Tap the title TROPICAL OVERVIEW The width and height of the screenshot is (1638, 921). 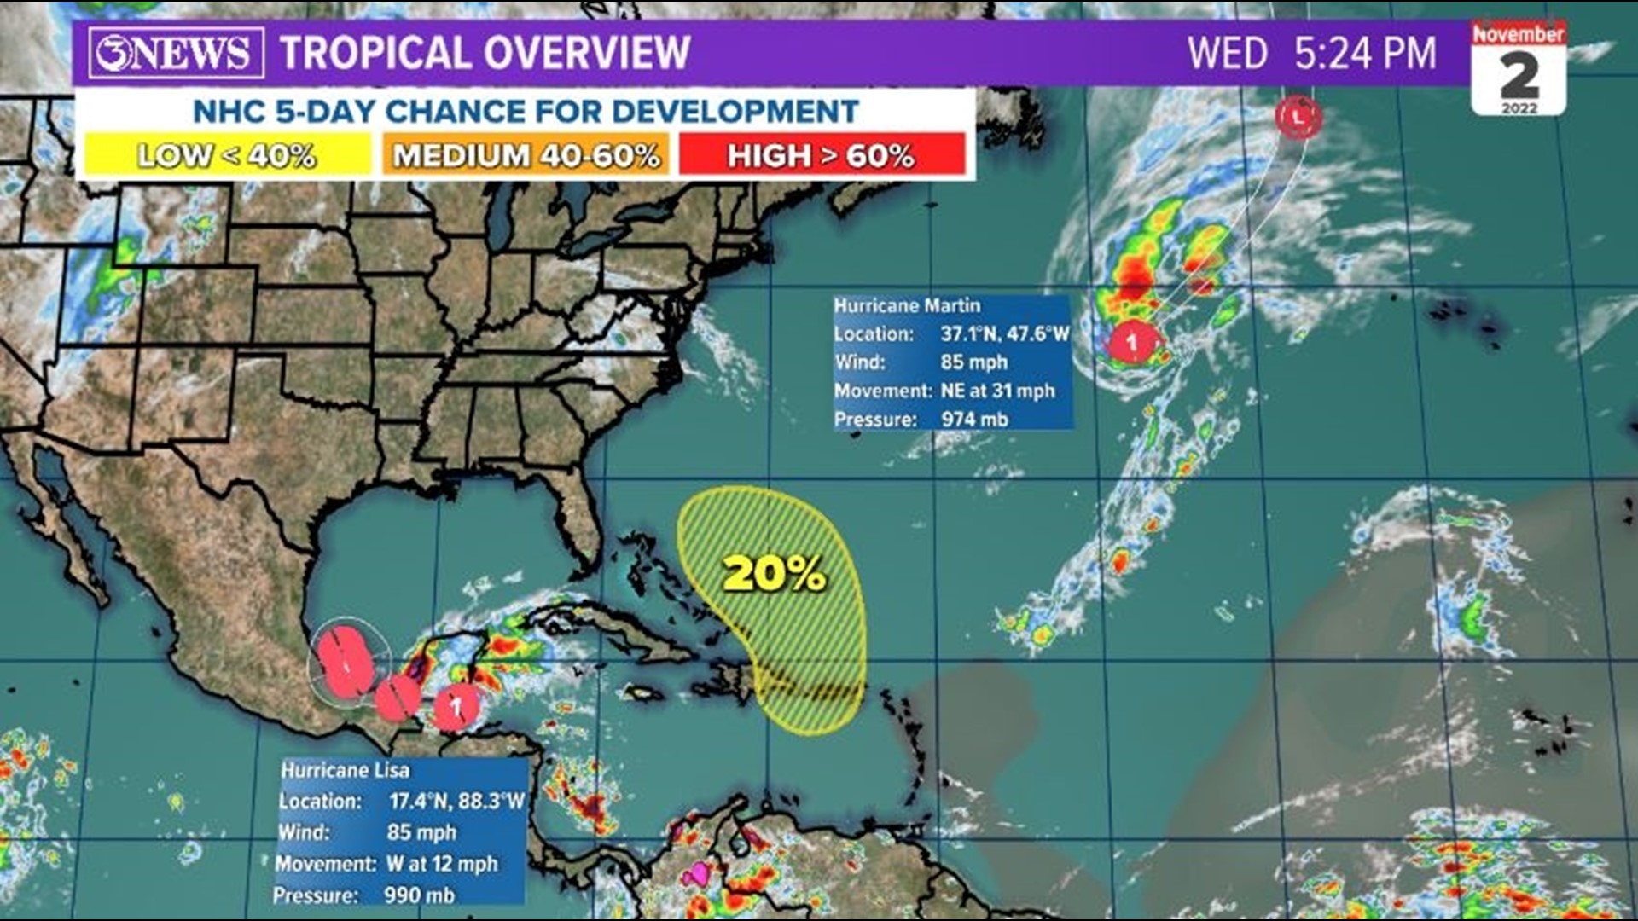click(x=485, y=53)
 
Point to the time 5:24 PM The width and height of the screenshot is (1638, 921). click(x=1365, y=53)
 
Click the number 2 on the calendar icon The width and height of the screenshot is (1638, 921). click(x=1519, y=77)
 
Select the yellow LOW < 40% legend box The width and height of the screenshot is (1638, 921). click(x=226, y=155)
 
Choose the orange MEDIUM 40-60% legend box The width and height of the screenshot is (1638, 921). click(x=526, y=155)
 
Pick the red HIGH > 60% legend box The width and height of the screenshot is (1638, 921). click(x=821, y=155)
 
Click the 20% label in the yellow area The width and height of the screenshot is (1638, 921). click(x=775, y=573)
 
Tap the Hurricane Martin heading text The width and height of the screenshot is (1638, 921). click(x=907, y=305)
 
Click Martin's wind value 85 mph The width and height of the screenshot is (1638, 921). click(x=973, y=362)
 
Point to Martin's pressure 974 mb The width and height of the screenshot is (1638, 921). click(x=974, y=419)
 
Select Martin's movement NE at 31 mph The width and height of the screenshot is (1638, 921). click(x=997, y=391)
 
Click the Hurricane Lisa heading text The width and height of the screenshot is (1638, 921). click(x=346, y=770)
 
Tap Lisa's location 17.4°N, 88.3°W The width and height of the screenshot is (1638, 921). click(x=456, y=801)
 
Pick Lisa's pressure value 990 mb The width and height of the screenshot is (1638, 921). click(x=419, y=895)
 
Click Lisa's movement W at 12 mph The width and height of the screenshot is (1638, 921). click(x=441, y=863)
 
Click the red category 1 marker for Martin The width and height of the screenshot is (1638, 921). click(x=1132, y=343)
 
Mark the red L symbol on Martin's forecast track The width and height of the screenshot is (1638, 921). click(x=1298, y=117)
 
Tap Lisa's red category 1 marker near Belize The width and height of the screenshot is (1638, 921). click(x=456, y=707)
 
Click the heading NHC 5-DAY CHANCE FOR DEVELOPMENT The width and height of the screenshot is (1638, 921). click(x=526, y=111)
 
